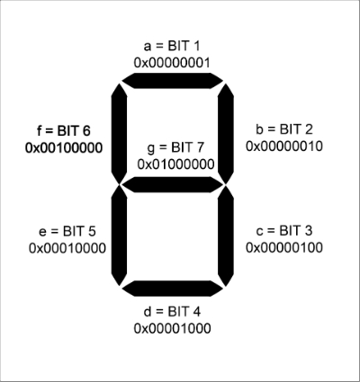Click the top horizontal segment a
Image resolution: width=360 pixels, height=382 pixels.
pyautogui.click(x=173, y=81)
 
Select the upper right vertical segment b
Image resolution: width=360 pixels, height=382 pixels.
pyautogui.click(x=226, y=134)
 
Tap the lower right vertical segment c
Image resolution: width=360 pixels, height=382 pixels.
pyautogui.click(x=226, y=235)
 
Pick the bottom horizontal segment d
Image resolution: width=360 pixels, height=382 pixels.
pyautogui.click(x=173, y=289)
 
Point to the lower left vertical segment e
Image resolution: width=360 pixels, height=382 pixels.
pyautogui.click(x=119, y=235)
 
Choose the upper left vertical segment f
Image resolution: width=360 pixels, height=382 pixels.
pyautogui.click(x=119, y=134)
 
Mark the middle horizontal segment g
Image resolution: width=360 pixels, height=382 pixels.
pyautogui.click(x=173, y=184)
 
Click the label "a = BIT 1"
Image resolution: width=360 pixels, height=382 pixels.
pyautogui.click(x=172, y=46)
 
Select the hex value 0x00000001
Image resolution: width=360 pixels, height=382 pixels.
pyautogui.click(x=172, y=63)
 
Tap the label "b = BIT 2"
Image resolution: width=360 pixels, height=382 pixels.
pyautogui.click(x=284, y=129)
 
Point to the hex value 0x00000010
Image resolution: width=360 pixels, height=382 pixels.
pyautogui.click(x=284, y=147)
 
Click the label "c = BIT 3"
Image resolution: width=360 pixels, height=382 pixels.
pyautogui.click(x=284, y=231)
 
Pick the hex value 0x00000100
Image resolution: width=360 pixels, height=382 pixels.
pyautogui.click(x=284, y=247)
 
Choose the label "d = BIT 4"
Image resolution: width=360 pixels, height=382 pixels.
pyautogui.click(x=172, y=312)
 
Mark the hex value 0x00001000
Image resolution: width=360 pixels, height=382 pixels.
pyautogui.click(x=172, y=329)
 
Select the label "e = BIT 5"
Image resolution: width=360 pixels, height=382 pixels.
pyautogui.click(x=67, y=232)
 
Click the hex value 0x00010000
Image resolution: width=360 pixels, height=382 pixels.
pyautogui.click(x=67, y=248)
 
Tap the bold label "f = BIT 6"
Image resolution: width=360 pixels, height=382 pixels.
pyautogui.click(x=64, y=131)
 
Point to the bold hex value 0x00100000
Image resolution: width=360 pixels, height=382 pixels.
pyautogui.click(x=64, y=148)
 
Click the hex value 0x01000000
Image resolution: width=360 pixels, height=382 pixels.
pyautogui.click(x=175, y=164)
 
